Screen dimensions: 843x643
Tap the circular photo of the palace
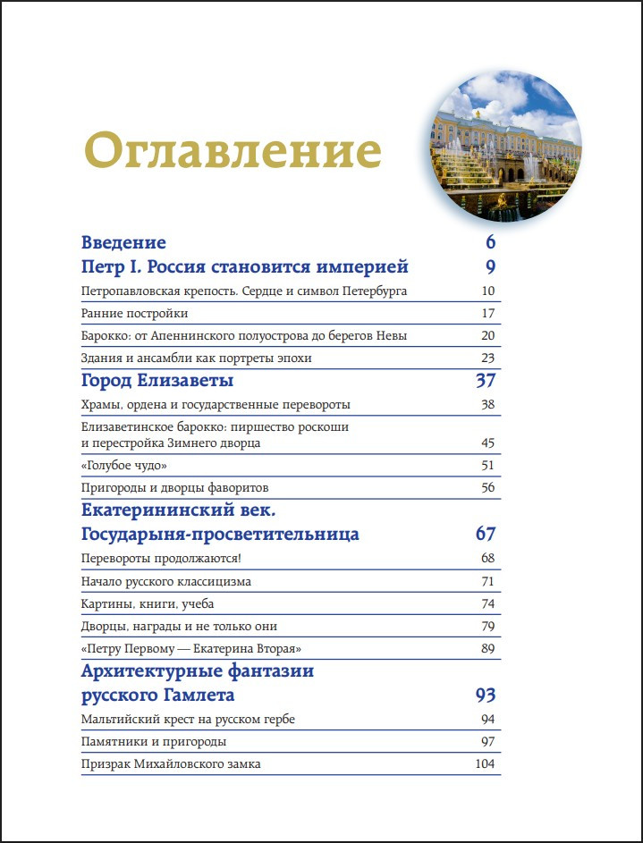point(506,148)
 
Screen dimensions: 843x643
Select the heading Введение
point(123,242)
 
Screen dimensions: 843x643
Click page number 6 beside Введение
point(490,242)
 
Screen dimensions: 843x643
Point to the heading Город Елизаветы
point(157,381)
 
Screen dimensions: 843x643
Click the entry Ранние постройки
point(134,313)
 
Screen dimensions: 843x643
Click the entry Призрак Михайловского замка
point(171,764)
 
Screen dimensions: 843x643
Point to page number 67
point(485,535)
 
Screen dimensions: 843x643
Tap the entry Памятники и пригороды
point(153,742)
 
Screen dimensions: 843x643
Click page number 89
point(487,648)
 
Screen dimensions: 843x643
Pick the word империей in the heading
point(364,266)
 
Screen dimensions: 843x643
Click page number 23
point(487,358)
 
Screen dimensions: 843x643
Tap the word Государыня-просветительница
point(220,535)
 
